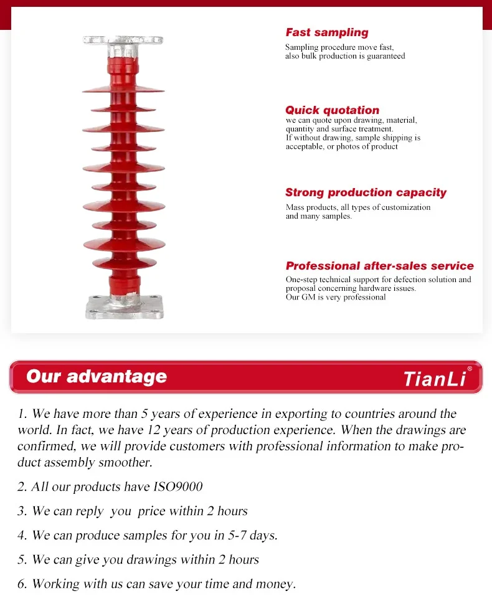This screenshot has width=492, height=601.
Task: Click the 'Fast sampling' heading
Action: pyautogui.click(x=327, y=32)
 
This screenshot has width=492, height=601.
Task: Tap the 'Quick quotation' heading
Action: pyautogui.click(x=332, y=110)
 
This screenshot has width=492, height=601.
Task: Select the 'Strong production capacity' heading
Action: pyautogui.click(x=366, y=192)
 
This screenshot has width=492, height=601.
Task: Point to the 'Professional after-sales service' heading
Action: pyautogui.click(x=379, y=266)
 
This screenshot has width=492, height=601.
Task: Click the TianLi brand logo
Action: pyautogui.click(x=435, y=378)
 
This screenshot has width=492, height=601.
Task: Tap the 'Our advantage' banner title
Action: pyautogui.click(x=97, y=376)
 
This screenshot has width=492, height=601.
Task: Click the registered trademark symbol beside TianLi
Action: pyautogui.click(x=470, y=369)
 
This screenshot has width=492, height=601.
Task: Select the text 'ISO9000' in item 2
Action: pyautogui.click(x=177, y=486)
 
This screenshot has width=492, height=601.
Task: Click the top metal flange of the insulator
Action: pyautogui.click(x=123, y=40)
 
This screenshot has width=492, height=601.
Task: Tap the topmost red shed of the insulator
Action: pyautogui.click(x=123, y=90)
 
